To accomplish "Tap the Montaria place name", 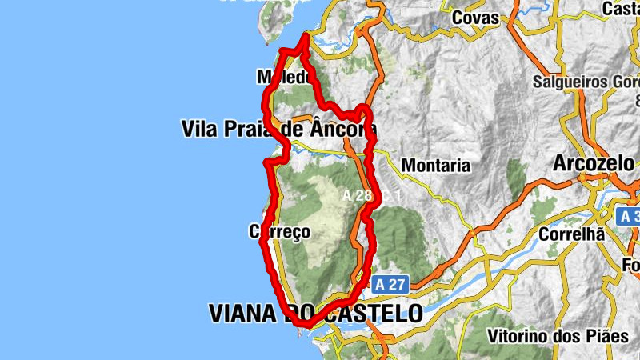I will pyautogui.click(x=436, y=166).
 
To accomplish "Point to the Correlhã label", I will pyautogui.click(x=571, y=235).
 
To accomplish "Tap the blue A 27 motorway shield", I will pyautogui.click(x=390, y=284).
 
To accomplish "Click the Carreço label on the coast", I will pyautogui.click(x=278, y=232).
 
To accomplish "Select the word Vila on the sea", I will pyautogui.click(x=199, y=129).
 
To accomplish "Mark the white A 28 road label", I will pyautogui.click(x=357, y=195).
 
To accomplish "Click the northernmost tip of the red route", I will pyautogui.click(x=306, y=37).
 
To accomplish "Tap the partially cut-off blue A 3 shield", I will pyautogui.click(x=629, y=216).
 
